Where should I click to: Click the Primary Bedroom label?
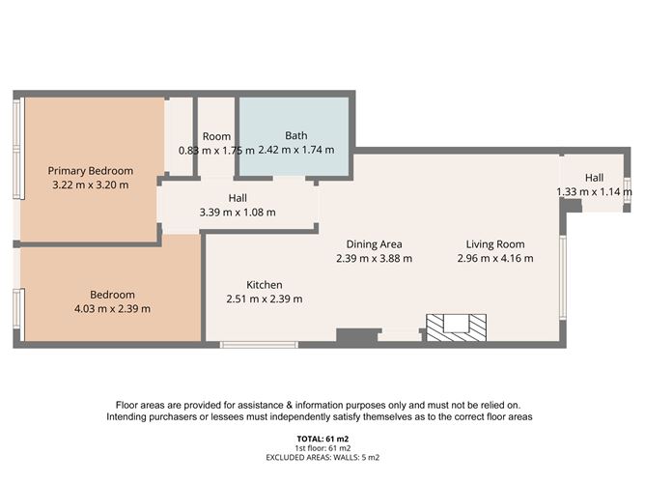tap(89, 169)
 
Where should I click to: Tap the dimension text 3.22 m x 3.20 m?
tap(89, 185)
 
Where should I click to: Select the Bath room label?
tap(295, 135)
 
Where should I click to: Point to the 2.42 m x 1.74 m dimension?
tap(295, 150)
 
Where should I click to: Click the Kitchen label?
tap(264, 285)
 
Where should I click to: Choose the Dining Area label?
tap(375, 243)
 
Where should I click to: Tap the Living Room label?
tap(495, 243)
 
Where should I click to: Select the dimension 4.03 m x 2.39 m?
tap(112, 309)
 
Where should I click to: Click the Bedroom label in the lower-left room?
tap(112, 295)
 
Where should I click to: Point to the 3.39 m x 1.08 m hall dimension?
tap(237, 213)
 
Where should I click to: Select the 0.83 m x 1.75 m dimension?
tap(216, 150)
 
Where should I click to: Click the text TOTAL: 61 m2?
tap(322, 440)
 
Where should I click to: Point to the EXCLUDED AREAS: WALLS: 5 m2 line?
tap(322, 457)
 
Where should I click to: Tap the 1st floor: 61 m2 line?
tap(322, 448)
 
